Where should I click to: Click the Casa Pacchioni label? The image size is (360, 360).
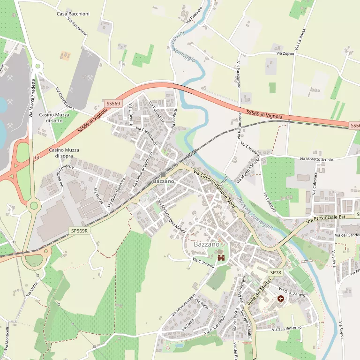coord(73,14)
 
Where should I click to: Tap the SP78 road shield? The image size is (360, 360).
coord(276,272)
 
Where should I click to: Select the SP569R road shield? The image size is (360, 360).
coord(79,231)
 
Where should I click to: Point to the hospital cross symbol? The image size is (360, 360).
coord(281,299)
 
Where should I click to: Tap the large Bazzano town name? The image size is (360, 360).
coord(206,245)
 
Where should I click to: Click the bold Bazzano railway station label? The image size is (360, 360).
coord(164,181)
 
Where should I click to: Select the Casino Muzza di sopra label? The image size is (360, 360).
coord(64,153)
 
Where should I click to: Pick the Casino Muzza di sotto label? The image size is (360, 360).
coord(54,118)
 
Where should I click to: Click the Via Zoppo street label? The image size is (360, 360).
coord(285,54)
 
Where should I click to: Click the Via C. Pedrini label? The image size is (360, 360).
coord(203,262)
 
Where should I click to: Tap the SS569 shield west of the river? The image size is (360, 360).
coord(113,103)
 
